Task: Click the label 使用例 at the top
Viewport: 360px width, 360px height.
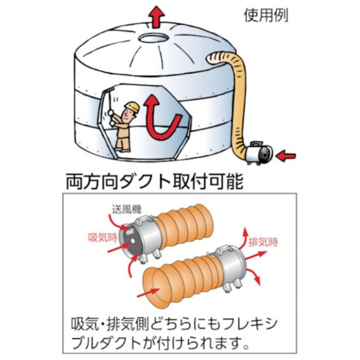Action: point(266,15)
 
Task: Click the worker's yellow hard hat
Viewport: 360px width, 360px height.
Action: point(132,106)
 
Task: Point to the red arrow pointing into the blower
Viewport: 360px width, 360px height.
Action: point(285,153)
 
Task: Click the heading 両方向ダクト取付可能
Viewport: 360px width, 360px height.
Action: point(154,182)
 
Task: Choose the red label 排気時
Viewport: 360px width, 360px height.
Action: point(262,241)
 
